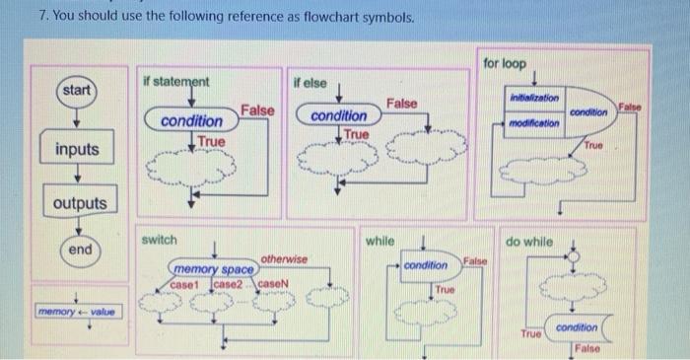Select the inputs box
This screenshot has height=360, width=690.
tap(77, 150)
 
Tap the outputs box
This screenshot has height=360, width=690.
tap(80, 203)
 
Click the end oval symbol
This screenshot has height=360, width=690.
tap(80, 250)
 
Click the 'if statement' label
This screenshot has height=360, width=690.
tap(175, 80)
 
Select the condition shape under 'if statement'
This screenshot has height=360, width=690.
tap(191, 121)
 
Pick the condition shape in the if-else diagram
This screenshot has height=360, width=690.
tap(338, 116)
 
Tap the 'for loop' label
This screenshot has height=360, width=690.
tap(505, 63)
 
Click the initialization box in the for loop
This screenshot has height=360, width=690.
tap(533, 99)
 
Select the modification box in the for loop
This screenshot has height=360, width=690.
tap(535, 123)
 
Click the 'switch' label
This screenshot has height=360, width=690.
tap(159, 240)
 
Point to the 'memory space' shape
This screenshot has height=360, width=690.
tap(214, 269)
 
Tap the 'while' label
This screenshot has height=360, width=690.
tap(379, 240)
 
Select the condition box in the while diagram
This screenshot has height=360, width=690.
tap(427, 265)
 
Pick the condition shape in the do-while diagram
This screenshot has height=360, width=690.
tap(576, 327)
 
